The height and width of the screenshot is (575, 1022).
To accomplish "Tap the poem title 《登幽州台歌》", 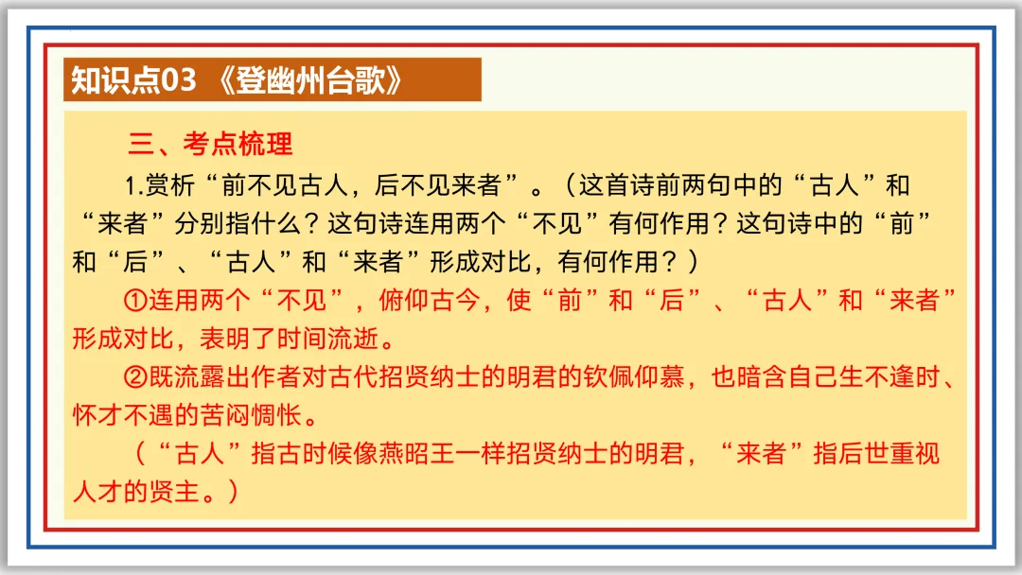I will [305, 81].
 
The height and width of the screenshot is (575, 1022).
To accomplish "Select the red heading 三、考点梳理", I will [210, 144].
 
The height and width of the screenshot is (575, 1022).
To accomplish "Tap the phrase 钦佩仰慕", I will [631, 377].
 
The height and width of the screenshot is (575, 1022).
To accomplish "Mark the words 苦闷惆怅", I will [251, 415].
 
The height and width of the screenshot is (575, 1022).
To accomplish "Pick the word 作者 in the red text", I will [274, 377].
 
